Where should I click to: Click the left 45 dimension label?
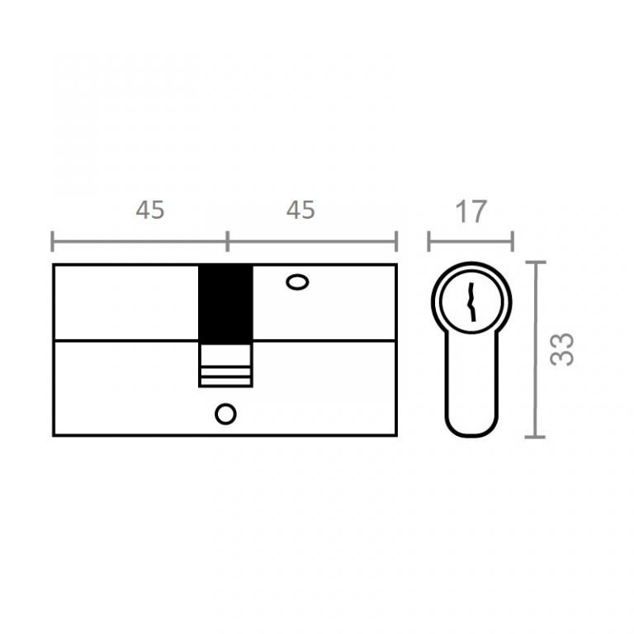[150, 210]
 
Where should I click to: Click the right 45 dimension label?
[300, 210]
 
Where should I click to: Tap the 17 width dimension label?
[471, 211]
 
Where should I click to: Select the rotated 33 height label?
[562, 349]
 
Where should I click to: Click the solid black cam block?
[225, 304]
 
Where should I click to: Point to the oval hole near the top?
[297, 282]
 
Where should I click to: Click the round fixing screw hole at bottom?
[225, 414]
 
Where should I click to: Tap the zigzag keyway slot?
[471, 302]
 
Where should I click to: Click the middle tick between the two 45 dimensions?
[227, 241]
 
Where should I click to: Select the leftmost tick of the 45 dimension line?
[53, 241]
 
